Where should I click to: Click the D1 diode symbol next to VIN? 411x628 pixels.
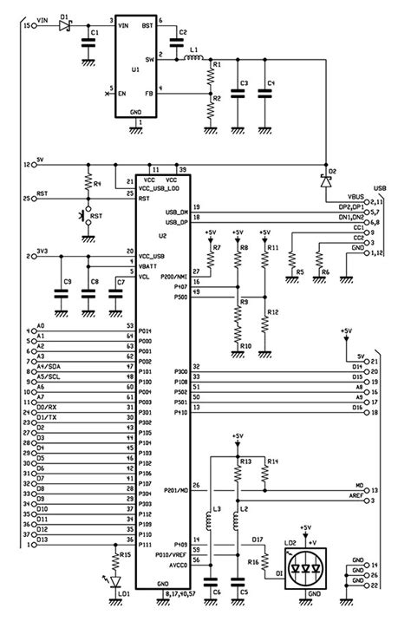tap(63, 26)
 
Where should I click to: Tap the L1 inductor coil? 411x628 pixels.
tap(194, 60)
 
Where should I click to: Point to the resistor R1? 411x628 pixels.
tap(210, 75)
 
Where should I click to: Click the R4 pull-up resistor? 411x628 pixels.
tap(87, 183)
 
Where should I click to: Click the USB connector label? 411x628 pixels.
tap(380, 186)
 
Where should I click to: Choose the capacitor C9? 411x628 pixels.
tap(61, 294)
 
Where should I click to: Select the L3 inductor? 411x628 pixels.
tap(209, 522)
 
